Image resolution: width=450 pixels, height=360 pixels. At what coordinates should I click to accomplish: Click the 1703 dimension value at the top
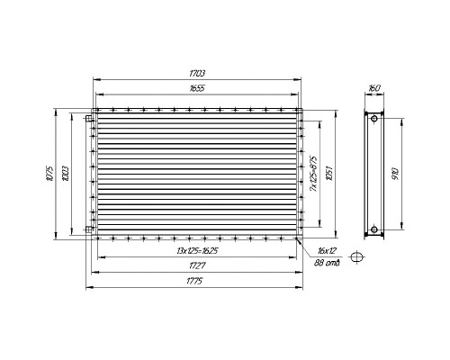tap(197, 74)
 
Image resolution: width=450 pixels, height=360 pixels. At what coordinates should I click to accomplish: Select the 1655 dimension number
tap(197, 88)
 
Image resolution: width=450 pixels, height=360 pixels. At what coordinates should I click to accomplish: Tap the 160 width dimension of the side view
tap(374, 88)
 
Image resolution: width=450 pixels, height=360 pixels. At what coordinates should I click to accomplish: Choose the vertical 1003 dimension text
tap(66, 174)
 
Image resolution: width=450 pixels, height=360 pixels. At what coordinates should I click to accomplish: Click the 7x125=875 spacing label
tap(313, 174)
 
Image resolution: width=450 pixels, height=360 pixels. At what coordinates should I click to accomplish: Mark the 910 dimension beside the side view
tap(396, 174)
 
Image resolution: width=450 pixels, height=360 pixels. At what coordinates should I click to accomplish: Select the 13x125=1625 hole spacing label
tap(197, 251)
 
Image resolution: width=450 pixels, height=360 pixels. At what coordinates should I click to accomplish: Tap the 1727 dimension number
tap(197, 265)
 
